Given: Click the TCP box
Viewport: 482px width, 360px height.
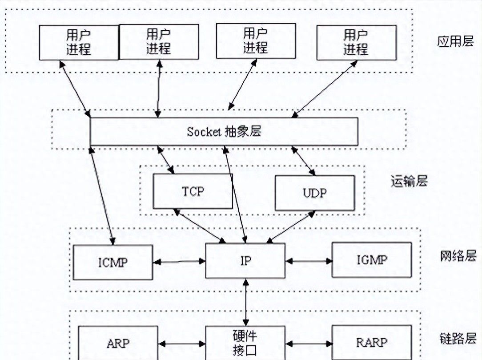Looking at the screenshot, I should pyautogui.click(x=193, y=191).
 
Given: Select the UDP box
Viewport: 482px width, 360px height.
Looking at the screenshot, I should pyautogui.click(x=315, y=193).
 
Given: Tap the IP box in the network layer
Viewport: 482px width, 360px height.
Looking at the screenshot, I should pyautogui.click(x=245, y=261).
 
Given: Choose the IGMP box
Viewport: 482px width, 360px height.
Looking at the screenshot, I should pyautogui.click(x=372, y=260).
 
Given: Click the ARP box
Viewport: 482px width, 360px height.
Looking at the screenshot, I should pyautogui.click(x=118, y=343).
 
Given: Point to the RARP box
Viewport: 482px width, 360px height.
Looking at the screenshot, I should pyautogui.click(x=371, y=343).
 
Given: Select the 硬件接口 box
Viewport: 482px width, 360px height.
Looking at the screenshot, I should pyautogui.click(x=245, y=343).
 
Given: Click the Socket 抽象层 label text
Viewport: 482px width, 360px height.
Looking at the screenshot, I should pyautogui.click(x=224, y=132).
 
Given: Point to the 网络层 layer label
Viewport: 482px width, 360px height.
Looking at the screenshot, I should pyautogui.click(x=458, y=255).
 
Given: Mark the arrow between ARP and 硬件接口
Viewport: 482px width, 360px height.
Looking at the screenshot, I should pyautogui.click(x=182, y=344).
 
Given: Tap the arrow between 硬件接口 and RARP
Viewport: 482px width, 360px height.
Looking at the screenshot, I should pyautogui.click(x=309, y=344).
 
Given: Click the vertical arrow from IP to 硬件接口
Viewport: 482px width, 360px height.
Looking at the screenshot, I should pyautogui.click(x=245, y=303).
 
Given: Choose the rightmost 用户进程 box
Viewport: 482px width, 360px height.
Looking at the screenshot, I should pyautogui.click(x=356, y=43).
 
